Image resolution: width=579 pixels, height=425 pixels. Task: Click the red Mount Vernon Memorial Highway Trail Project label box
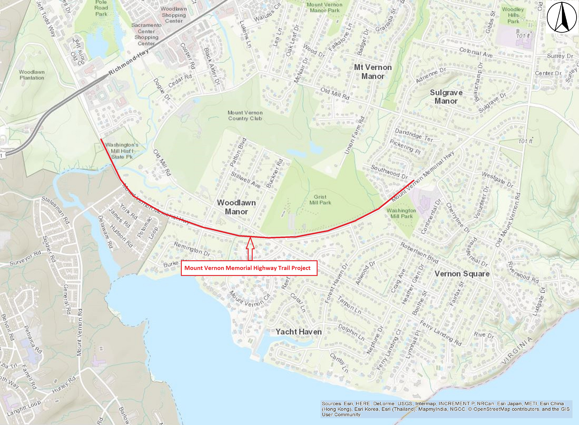249,268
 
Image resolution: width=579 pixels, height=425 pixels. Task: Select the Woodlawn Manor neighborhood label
236,207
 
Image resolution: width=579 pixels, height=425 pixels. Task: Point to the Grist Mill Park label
320,200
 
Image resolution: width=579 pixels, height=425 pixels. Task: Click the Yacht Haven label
298,332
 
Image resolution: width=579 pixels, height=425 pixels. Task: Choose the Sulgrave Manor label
446,97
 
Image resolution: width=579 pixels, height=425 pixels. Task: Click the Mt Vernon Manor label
373,72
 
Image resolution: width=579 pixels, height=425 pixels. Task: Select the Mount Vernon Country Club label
245,116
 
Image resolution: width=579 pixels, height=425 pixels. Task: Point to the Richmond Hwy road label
128,62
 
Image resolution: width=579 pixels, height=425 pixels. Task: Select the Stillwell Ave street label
245,180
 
